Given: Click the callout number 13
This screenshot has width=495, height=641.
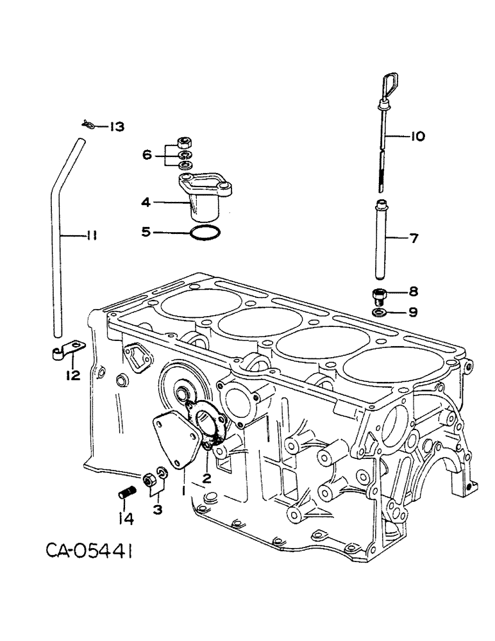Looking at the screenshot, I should pos(117,127).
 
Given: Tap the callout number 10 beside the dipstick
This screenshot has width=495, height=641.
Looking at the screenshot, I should pos(417,136).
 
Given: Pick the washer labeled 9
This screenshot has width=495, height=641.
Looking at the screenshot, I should pos(380,312).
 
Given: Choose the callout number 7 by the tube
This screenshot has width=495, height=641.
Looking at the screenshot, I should pos(414,239).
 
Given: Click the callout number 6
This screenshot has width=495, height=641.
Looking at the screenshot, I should pos(147,154).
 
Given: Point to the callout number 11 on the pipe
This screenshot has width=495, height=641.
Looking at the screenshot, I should pos(91,237).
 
